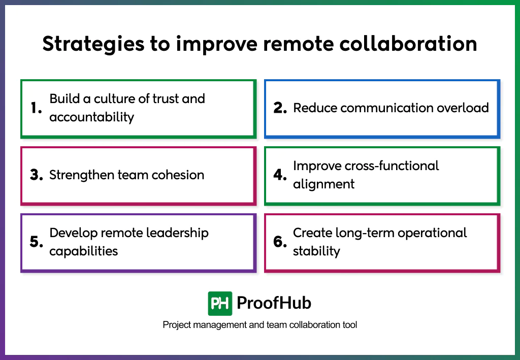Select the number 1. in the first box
pyautogui.click(x=36, y=108)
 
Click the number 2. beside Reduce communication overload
pyautogui.click(x=280, y=108)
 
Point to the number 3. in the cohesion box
pyautogui.click(x=36, y=175)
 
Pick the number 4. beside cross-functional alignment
pyautogui.click(x=280, y=175)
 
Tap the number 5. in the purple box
pyautogui.click(x=36, y=242)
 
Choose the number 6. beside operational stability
pyautogui.click(x=280, y=242)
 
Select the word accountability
pyautogui.click(x=91, y=117)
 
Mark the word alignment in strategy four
pyautogui.click(x=323, y=184)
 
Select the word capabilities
pyautogui.click(x=83, y=251)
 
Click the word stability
pyautogui.click(x=316, y=251)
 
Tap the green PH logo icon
pyautogui.click(x=220, y=303)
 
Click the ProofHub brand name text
pyautogui.click(x=274, y=303)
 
